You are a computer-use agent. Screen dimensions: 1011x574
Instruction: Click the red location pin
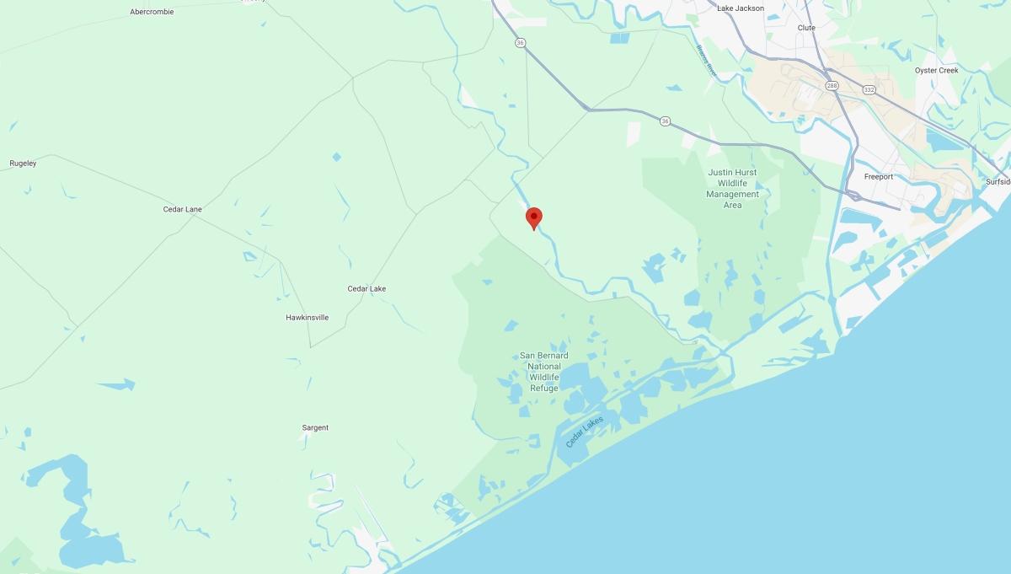(x=533, y=217)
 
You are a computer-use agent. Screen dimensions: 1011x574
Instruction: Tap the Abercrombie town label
(x=152, y=12)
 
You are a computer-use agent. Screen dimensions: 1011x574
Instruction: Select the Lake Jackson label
(x=741, y=8)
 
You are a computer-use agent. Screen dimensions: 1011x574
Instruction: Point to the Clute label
(x=806, y=28)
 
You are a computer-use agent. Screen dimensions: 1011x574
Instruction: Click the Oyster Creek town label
(x=936, y=70)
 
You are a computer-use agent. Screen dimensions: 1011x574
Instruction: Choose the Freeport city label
(x=878, y=176)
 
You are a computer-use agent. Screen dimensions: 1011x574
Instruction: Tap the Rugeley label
(x=23, y=163)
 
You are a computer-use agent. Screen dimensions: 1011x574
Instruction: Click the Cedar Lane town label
(x=182, y=209)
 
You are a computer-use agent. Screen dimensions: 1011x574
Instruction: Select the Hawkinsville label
(x=307, y=318)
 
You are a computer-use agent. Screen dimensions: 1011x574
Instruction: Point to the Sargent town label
(x=315, y=427)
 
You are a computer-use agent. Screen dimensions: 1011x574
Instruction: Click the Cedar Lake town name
(x=366, y=288)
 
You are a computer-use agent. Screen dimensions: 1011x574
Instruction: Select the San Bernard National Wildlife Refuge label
(x=544, y=372)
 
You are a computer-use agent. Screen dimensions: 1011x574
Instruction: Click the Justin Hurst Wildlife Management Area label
(x=732, y=189)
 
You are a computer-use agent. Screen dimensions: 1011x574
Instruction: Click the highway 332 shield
(x=868, y=89)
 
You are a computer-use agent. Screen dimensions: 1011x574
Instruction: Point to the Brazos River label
(x=706, y=62)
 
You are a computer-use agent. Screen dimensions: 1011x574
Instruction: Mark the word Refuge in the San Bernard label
(x=544, y=388)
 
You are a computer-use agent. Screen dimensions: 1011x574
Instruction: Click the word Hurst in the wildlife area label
(x=745, y=172)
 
